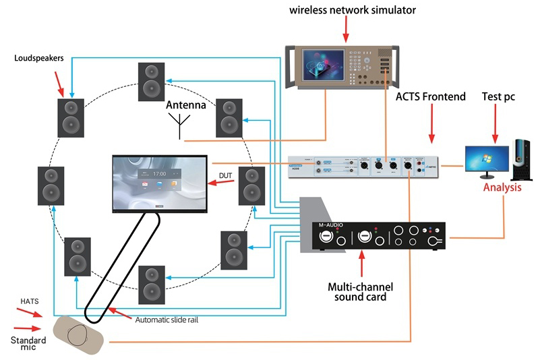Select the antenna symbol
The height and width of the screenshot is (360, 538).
click(179, 125)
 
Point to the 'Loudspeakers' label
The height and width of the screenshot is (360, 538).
click(40, 58)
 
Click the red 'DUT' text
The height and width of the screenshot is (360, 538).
click(226, 177)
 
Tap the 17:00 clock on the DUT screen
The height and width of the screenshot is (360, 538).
click(159, 173)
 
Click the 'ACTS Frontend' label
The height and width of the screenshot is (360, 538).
click(431, 97)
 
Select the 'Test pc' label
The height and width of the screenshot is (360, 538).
click(498, 97)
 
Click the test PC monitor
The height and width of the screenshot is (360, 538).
click(486, 157)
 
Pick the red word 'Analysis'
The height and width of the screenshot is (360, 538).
click(502, 187)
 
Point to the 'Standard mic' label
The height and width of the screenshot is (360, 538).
click(28, 343)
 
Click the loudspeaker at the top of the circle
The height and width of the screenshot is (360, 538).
click(151, 82)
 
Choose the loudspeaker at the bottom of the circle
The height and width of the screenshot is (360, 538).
click(151, 284)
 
